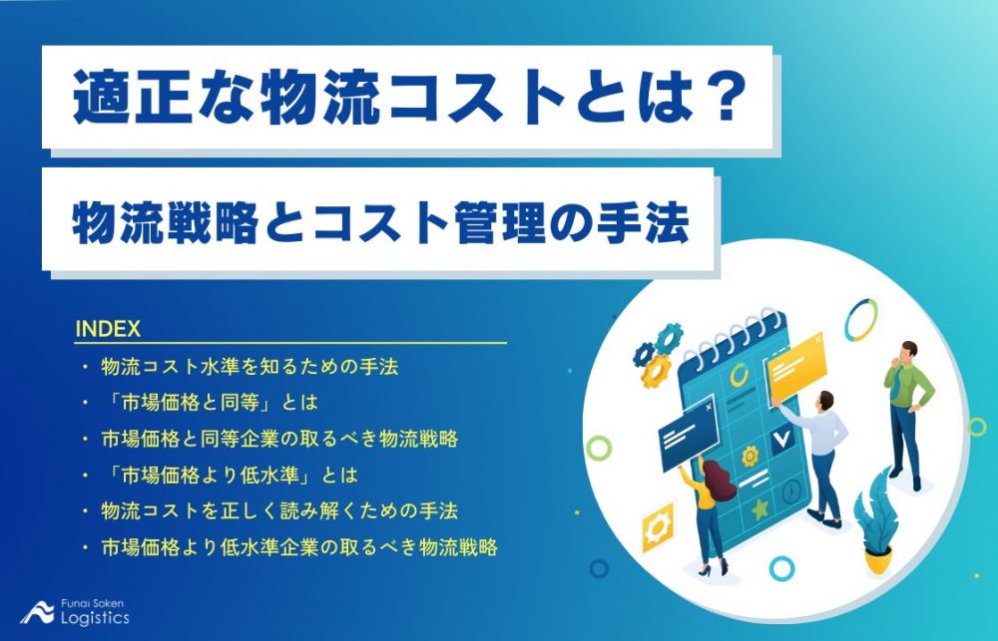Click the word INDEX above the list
click(107, 328)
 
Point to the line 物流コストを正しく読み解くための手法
click(279, 510)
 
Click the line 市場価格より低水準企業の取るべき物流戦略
click(299, 546)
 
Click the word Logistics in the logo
click(94, 618)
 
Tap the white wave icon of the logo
click(39, 612)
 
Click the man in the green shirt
click(907, 409)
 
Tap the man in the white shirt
click(821, 449)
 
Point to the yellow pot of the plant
click(878, 559)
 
